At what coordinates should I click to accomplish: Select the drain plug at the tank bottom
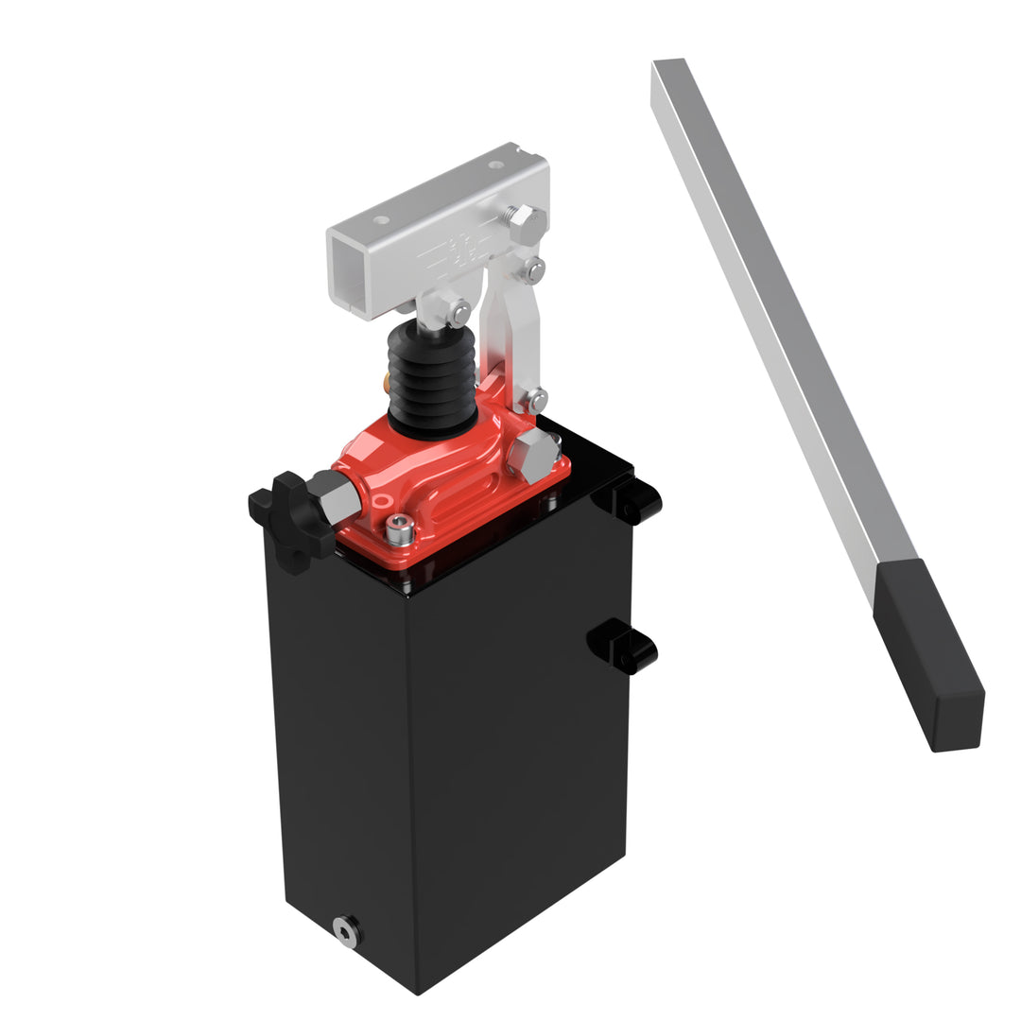[x=347, y=931]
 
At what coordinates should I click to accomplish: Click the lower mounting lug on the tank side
[x=624, y=649]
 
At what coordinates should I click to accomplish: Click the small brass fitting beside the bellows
[x=386, y=381]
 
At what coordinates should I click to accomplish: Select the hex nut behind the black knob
[x=336, y=495]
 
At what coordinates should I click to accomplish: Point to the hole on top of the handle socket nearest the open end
[x=381, y=220]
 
